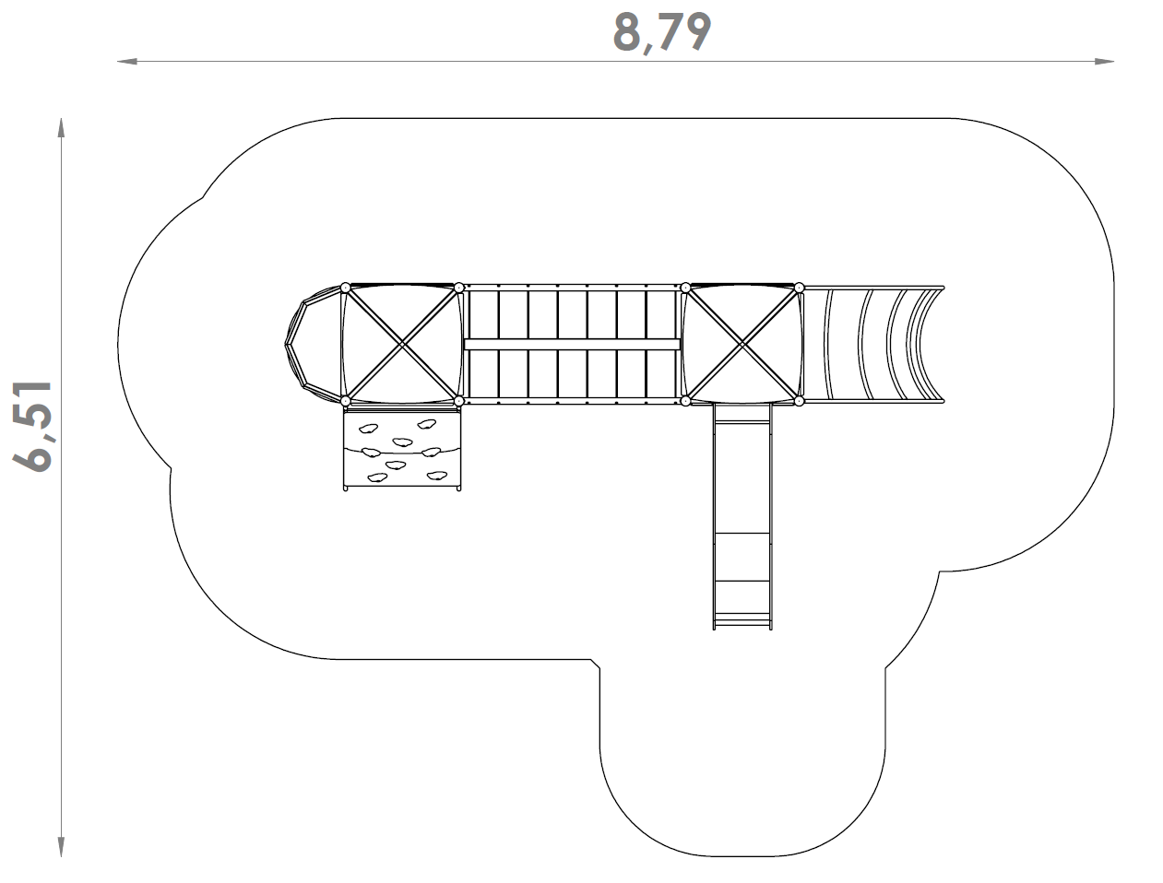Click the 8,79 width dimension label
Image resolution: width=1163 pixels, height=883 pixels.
(662, 33)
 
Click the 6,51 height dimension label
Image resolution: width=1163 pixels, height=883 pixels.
(32, 426)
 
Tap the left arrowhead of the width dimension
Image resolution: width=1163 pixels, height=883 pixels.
(127, 62)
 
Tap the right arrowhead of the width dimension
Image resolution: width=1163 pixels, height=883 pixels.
(1104, 62)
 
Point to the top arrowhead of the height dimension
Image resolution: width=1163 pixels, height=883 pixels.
(61, 128)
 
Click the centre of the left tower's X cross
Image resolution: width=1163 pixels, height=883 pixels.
(402, 345)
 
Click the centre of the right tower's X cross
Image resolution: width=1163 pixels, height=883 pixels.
(742, 345)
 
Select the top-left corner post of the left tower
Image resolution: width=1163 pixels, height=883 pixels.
(346, 288)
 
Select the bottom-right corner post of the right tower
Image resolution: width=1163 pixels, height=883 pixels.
(799, 401)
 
